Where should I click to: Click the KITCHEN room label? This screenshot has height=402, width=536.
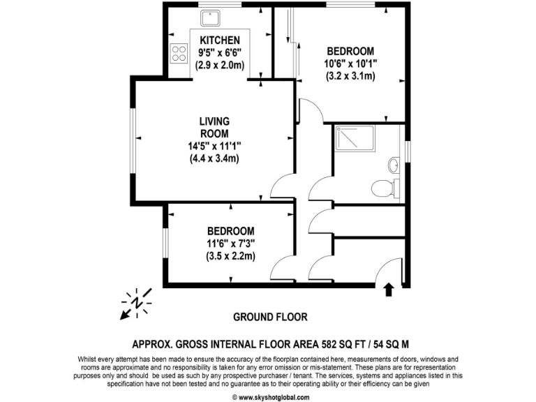(x=220, y=40)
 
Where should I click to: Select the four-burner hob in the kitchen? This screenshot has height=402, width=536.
(x=179, y=53)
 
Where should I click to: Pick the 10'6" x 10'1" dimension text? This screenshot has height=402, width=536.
(x=350, y=64)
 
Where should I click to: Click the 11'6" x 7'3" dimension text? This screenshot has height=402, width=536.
(x=230, y=243)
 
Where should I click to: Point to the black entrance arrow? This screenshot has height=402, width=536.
(x=389, y=288)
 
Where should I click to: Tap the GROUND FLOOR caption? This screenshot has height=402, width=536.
(x=270, y=317)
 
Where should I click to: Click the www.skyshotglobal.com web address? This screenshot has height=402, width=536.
(x=273, y=397)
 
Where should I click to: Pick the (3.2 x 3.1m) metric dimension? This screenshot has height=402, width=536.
(x=350, y=75)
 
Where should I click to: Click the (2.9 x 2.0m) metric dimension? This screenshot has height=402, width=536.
(x=220, y=65)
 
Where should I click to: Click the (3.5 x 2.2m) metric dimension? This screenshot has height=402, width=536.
(x=230, y=255)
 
